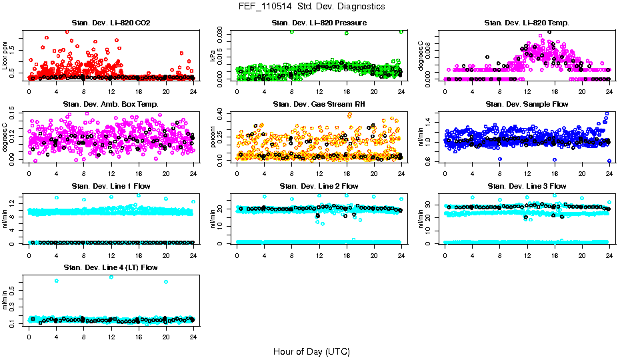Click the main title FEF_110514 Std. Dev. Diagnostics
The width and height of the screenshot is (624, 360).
pos(311,7)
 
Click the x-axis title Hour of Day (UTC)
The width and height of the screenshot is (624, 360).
pos(311,351)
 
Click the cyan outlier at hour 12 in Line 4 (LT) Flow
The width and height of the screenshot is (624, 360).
pos(111,277)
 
